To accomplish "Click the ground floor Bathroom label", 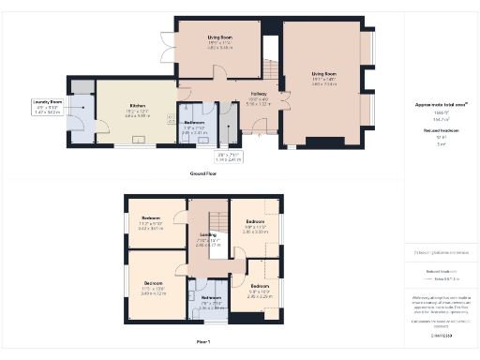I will pos(194,123).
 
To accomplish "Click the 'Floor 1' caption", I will pos(203,341).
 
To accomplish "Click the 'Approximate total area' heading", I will pos(442,105).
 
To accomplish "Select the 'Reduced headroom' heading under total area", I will pos(442,132).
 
